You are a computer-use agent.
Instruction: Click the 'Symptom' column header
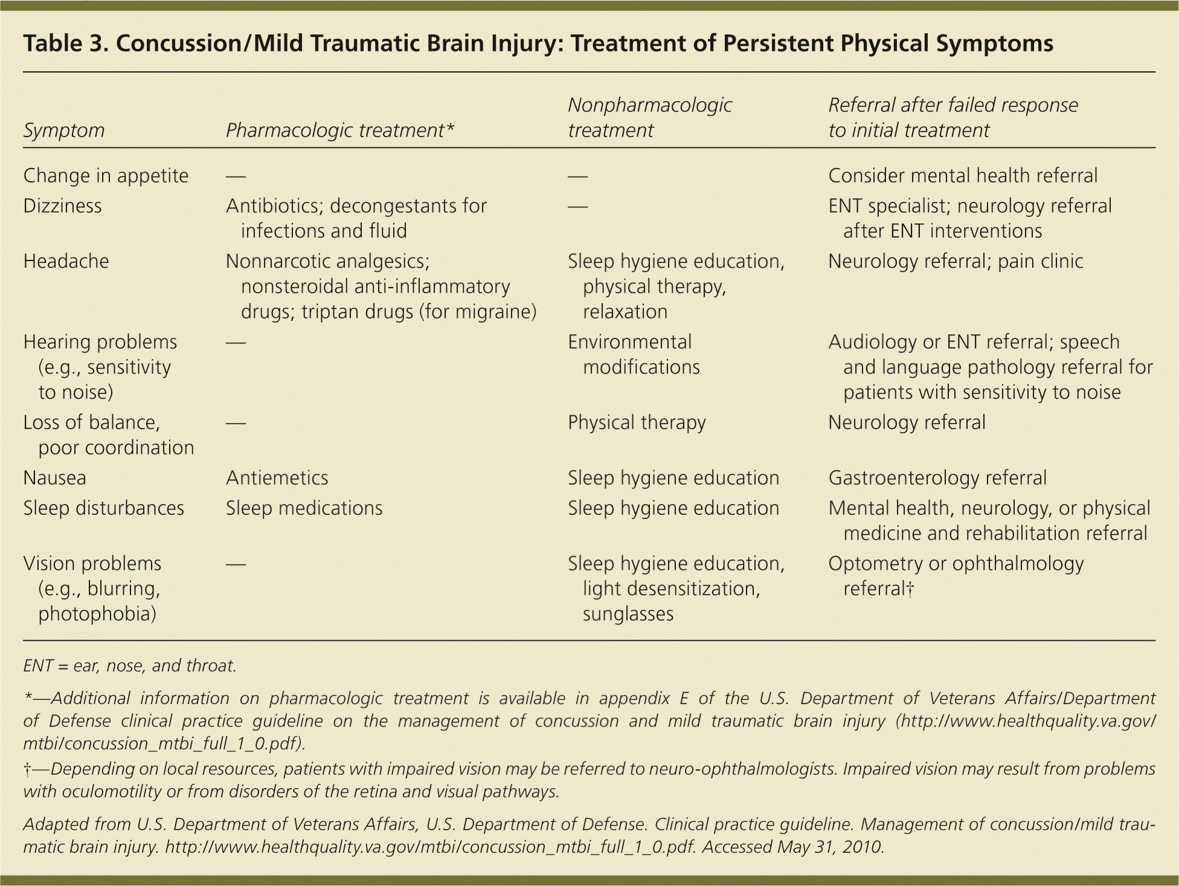[x=64, y=130]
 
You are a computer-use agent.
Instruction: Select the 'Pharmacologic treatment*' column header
[x=339, y=130]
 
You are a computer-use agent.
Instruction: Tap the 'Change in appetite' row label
[x=106, y=176]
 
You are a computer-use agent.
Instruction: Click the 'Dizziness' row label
[x=62, y=206]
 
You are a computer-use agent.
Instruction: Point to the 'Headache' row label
[x=66, y=261]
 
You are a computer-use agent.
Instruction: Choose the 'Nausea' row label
[x=54, y=478]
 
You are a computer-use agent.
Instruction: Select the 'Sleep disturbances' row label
[x=103, y=508]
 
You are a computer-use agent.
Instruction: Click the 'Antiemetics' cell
[x=277, y=478]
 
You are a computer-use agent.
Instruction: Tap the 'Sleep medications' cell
[x=304, y=508]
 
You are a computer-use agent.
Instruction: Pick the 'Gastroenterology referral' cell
[x=937, y=478]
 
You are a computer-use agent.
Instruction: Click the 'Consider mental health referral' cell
[x=962, y=176]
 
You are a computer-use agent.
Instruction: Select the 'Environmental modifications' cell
[x=633, y=354]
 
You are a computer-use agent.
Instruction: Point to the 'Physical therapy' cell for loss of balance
[x=637, y=422]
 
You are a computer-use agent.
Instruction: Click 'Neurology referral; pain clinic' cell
[x=955, y=261]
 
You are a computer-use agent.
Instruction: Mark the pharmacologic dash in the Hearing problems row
[x=236, y=343]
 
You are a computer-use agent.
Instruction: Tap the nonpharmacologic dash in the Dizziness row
[x=577, y=207]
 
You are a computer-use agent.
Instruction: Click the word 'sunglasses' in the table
[x=628, y=614]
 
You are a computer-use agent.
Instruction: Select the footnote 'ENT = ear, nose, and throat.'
[x=129, y=665]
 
